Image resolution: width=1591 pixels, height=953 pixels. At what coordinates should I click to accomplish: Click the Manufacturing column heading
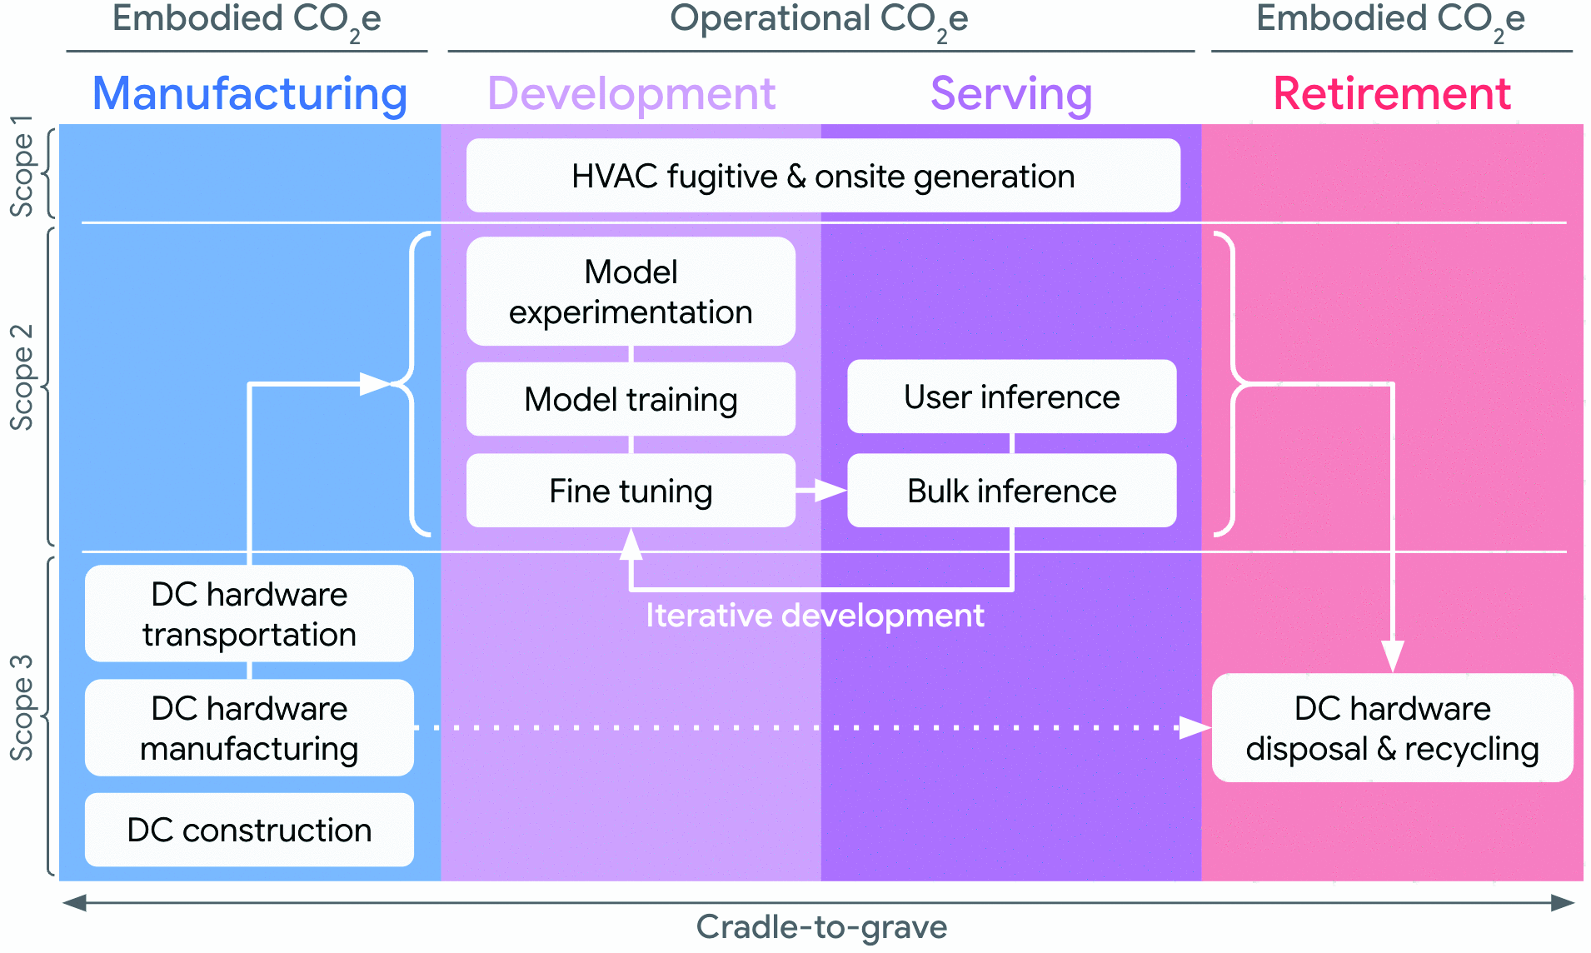pos(250,93)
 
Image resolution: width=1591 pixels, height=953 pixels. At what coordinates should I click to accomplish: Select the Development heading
pos(631,93)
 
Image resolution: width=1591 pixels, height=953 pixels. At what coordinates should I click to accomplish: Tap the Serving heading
pos(1011,93)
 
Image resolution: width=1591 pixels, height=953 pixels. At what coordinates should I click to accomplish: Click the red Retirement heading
pos(1392,93)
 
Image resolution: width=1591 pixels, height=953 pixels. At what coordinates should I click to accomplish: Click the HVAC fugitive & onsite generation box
pos(823,176)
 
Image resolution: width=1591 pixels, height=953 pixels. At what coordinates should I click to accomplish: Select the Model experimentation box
pos(631,292)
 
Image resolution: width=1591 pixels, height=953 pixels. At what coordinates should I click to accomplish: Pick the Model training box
pos(631,399)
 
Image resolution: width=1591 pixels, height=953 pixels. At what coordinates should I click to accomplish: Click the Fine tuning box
pos(631,491)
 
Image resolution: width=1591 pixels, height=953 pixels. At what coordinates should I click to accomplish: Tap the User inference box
pos(1011,397)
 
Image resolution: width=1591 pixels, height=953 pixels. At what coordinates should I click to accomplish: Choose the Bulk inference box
pos(1011,491)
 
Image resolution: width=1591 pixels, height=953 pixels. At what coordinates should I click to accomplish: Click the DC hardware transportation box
pos(249,614)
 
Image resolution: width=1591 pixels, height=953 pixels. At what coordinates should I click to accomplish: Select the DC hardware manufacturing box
pos(249,728)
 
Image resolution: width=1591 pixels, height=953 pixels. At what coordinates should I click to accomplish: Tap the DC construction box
pos(249,830)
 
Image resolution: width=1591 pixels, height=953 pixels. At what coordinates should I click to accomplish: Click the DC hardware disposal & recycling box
pos(1392,728)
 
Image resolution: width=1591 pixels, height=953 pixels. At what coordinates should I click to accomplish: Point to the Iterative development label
pos(815,616)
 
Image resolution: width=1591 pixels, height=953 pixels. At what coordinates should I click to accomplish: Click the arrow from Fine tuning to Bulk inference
pos(821,491)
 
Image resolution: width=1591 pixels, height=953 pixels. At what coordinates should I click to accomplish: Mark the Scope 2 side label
pos(22,377)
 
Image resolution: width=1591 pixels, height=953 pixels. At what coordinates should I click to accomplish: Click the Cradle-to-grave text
pos(821,926)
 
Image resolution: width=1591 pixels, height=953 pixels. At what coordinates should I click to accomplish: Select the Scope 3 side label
pos(22,708)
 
